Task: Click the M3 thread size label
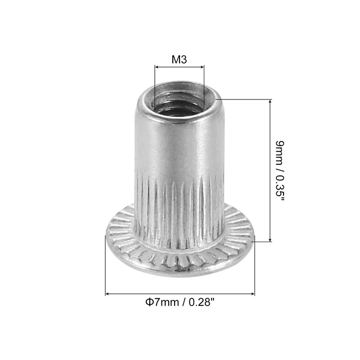click(179, 59)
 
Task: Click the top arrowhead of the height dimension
click(270, 102)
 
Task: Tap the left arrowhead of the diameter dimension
click(108, 294)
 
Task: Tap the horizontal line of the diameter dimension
click(180, 294)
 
